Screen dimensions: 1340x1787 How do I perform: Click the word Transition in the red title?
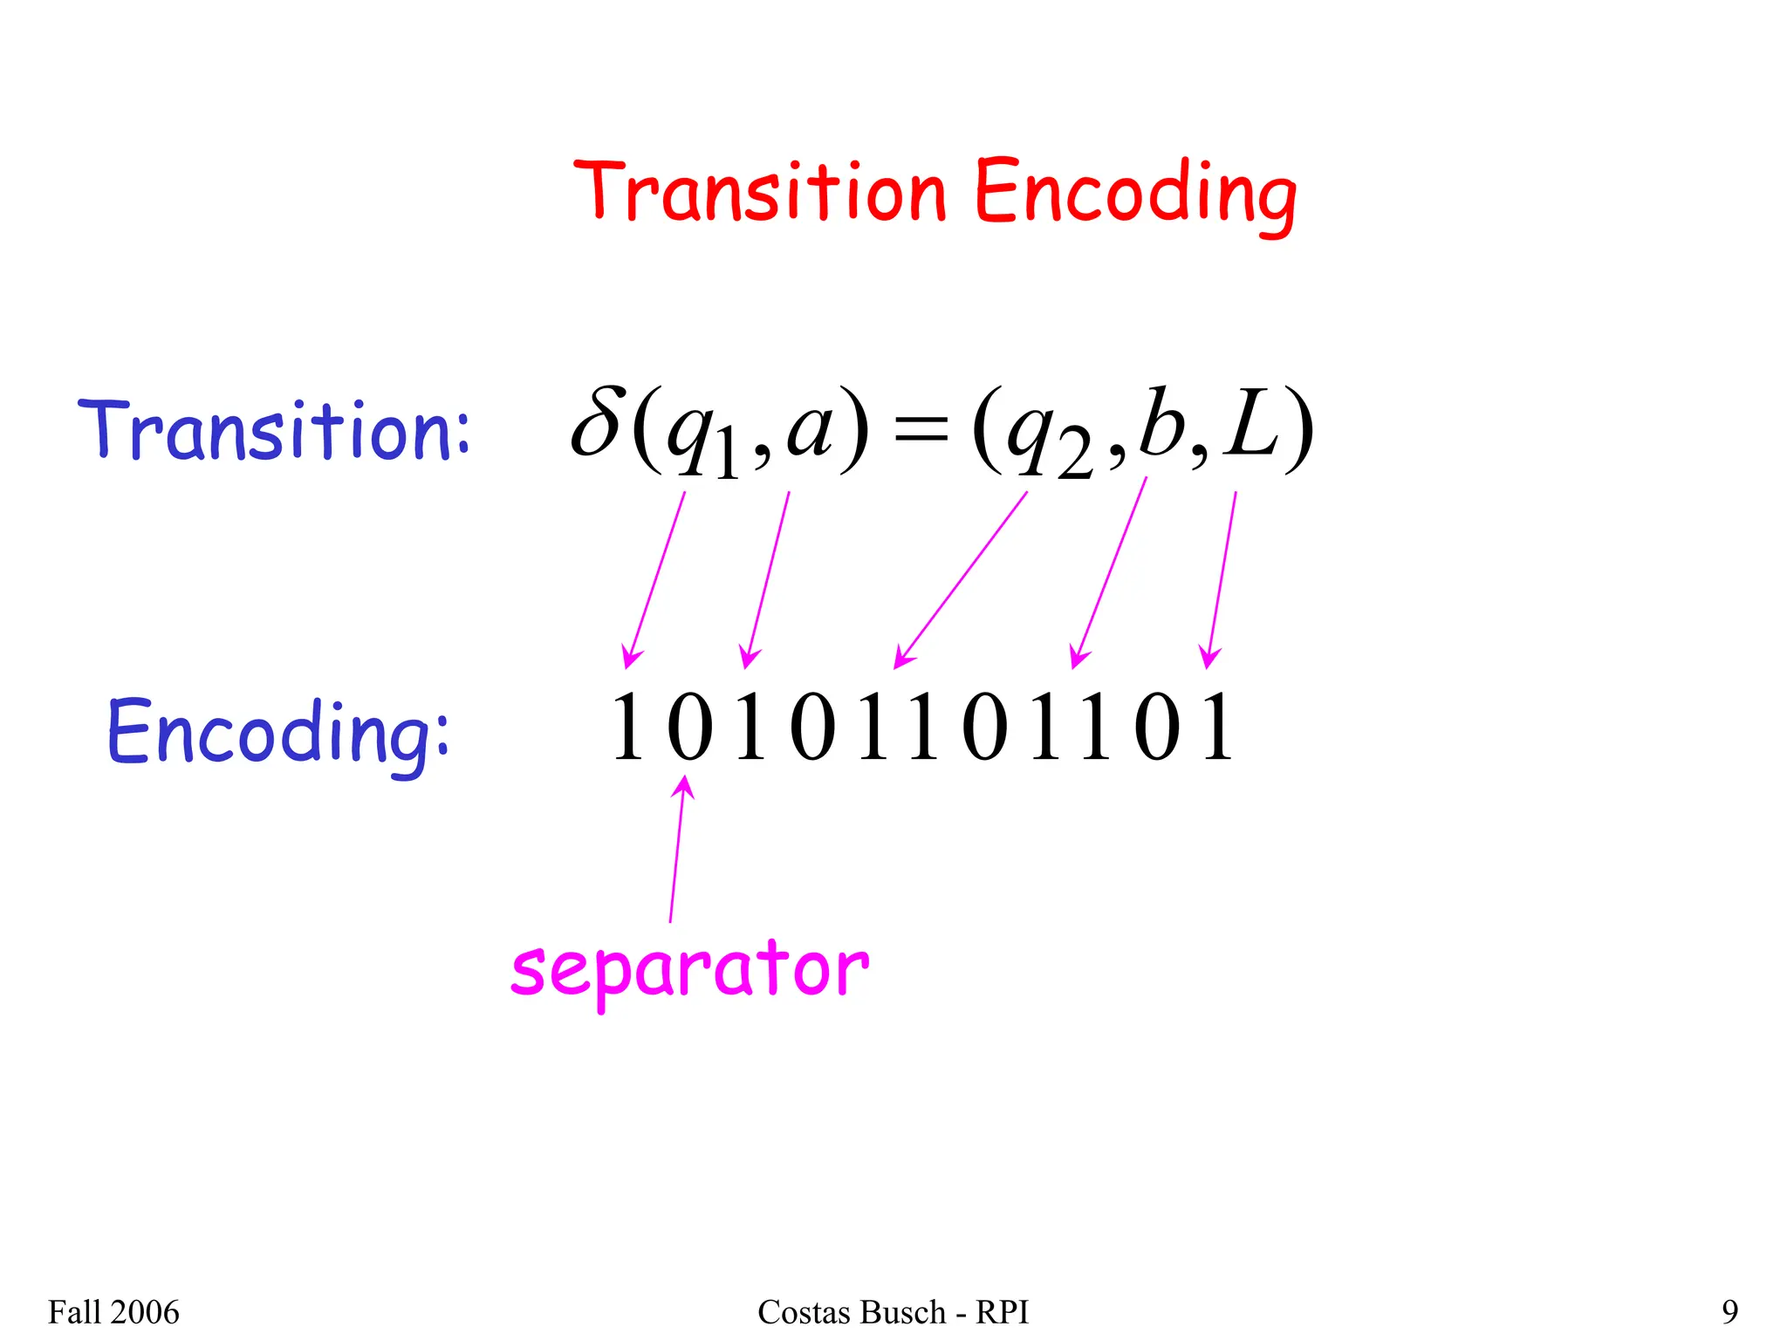tap(759, 191)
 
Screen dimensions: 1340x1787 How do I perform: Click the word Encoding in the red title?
tap(1134, 194)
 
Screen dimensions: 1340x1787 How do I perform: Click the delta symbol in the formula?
tap(597, 424)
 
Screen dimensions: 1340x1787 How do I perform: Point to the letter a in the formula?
tap(811, 428)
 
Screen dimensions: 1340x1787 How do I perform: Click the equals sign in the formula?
tap(921, 430)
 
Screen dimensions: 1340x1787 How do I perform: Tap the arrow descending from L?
tap(1222, 579)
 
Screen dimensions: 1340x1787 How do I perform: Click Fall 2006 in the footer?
tap(113, 1312)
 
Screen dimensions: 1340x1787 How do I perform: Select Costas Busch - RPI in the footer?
tap(893, 1312)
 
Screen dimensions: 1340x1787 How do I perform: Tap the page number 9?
tap(1729, 1312)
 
